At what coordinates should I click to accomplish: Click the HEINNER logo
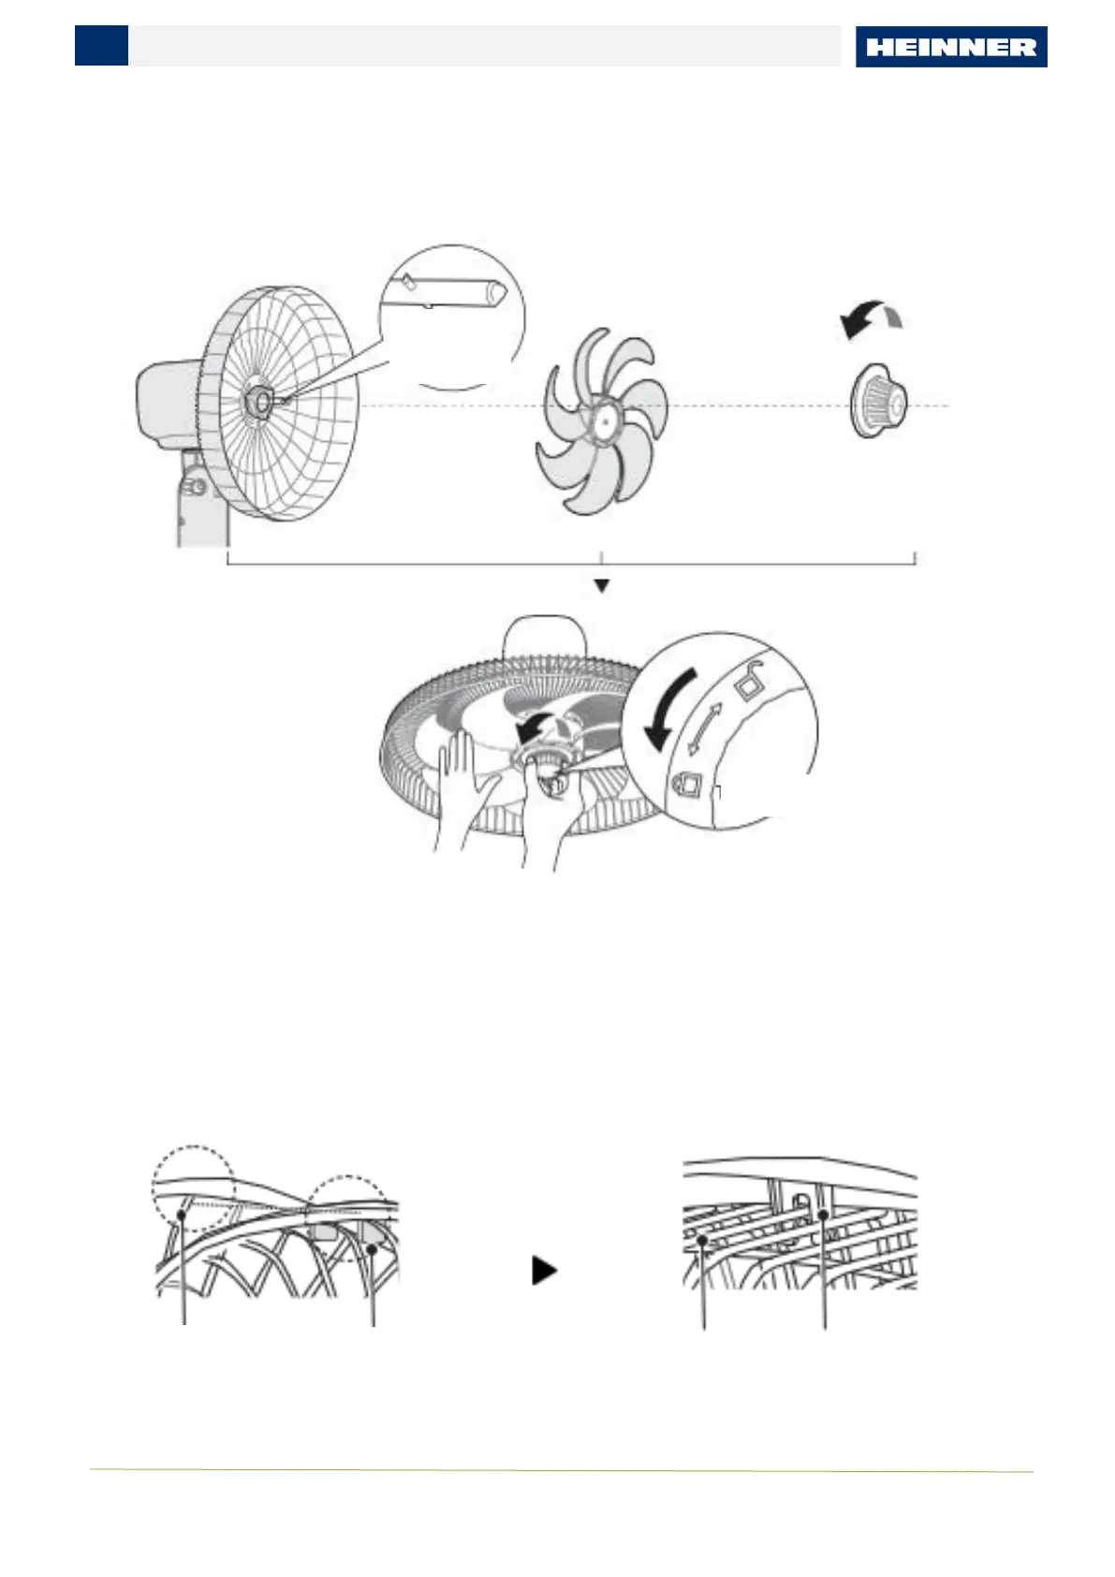950,47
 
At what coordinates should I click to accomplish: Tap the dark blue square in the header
101,45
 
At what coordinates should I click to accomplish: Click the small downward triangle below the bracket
602,585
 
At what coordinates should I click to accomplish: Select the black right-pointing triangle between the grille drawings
544,1271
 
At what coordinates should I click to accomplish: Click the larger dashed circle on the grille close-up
193,1186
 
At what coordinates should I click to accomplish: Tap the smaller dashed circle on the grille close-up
348,1215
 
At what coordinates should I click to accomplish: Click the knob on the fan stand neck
195,487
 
